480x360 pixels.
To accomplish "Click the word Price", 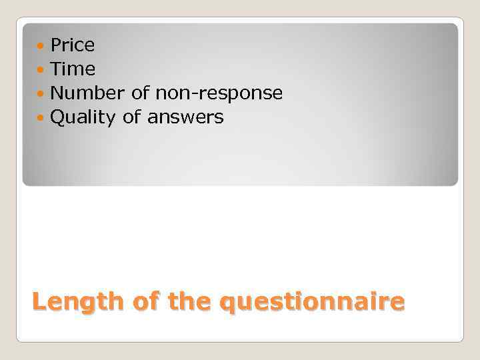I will click(73, 45).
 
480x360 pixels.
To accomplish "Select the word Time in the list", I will click(73, 69).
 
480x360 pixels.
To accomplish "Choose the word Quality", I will click(83, 118).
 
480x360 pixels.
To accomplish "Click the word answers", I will click(185, 118).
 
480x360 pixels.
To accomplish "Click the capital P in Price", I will click(56, 45).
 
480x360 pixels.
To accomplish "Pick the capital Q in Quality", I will click(57, 118).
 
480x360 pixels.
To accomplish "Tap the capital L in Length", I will click(39, 302).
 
